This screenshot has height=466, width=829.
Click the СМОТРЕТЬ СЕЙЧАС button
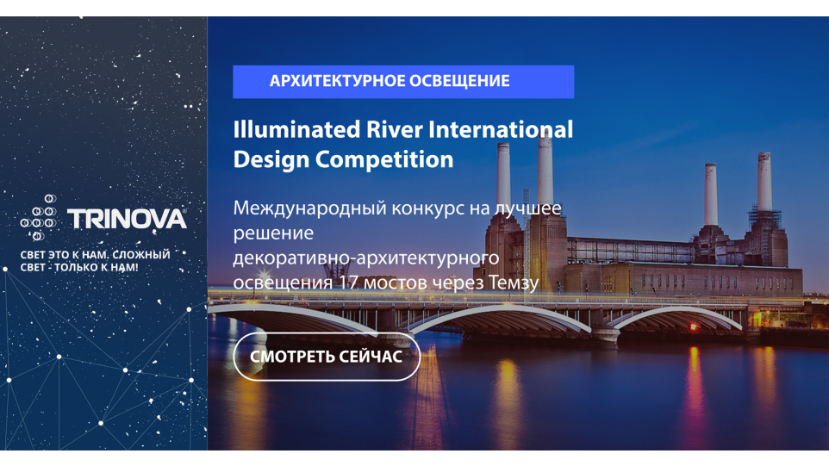[x=327, y=357]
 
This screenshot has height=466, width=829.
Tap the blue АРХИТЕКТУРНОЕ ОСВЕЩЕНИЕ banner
[x=403, y=81]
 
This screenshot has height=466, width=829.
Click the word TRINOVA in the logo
[x=127, y=219]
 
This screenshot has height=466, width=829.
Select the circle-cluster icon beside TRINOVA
[x=39, y=217]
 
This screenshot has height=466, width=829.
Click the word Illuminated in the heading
[x=296, y=129]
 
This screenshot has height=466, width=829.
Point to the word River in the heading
[x=394, y=129]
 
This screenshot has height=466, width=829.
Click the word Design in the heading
[x=271, y=159]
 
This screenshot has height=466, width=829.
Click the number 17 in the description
[x=348, y=283]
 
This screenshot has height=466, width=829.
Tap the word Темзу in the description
[x=514, y=283]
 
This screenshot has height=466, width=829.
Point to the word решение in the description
[x=273, y=233]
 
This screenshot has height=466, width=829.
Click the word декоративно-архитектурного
[x=366, y=258]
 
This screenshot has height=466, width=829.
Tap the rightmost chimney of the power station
[x=764, y=183]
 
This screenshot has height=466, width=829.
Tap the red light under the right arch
[x=694, y=327]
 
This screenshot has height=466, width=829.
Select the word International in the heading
[x=501, y=129]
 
